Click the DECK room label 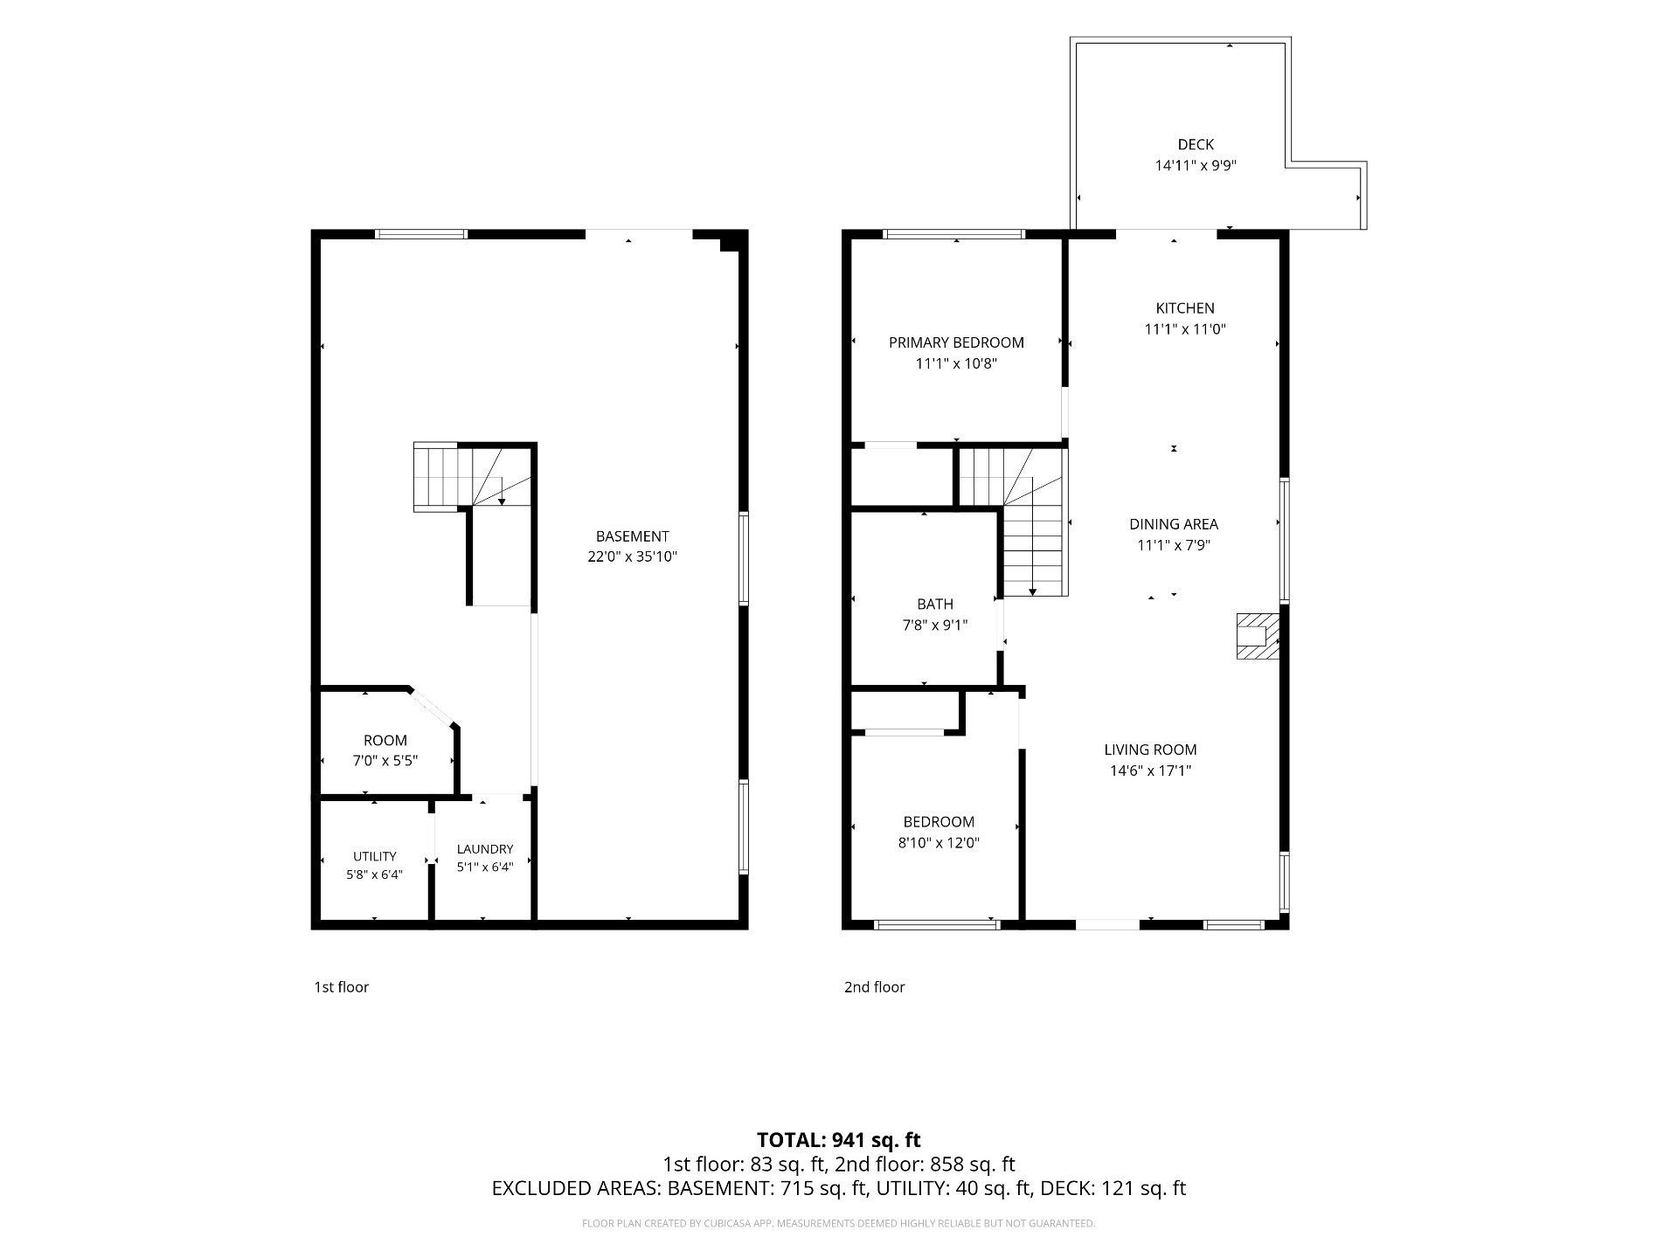click(x=1195, y=144)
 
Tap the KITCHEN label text click(x=1185, y=308)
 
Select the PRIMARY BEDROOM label click(x=956, y=342)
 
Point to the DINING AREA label click(x=1174, y=524)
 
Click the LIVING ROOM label click(x=1150, y=750)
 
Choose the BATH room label click(x=935, y=604)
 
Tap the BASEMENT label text click(x=632, y=536)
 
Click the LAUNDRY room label click(x=485, y=849)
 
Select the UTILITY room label click(x=375, y=856)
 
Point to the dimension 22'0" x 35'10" click(x=632, y=556)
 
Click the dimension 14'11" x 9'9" click(x=1195, y=165)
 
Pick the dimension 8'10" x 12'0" click(x=939, y=843)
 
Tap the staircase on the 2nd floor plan click(x=1014, y=522)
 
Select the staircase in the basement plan click(x=473, y=476)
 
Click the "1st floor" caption click(x=342, y=987)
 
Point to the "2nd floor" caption click(x=874, y=987)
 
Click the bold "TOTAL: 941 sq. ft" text click(x=839, y=1140)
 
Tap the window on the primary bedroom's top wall click(x=954, y=234)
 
